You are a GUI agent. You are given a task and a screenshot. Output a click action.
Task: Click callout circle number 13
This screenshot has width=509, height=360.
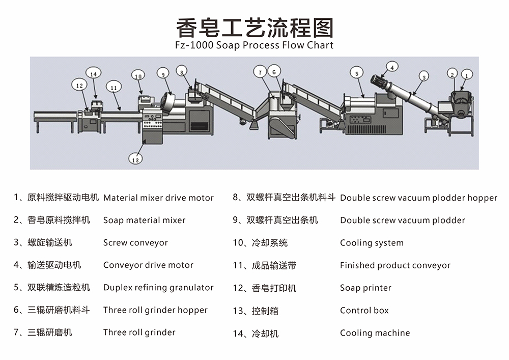tap(135, 159)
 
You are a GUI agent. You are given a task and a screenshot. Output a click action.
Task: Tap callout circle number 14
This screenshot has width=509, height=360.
tap(93, 74)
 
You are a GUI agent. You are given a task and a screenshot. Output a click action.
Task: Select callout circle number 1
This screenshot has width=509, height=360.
tap(468, 75)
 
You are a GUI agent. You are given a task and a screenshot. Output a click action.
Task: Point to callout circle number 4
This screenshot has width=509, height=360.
tap(392, 66)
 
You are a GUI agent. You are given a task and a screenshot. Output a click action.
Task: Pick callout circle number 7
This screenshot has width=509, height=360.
tap(260, 73)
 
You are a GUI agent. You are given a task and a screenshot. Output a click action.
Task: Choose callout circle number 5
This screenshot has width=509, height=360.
tap(357, 73)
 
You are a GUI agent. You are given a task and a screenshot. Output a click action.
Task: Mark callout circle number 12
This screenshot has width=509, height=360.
tap(79, 86)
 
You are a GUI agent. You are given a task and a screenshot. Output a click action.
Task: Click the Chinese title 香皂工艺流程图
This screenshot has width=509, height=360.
tap(254, 27)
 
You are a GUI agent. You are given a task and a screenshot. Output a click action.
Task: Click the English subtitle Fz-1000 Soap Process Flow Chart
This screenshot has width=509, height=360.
tap(254, 45)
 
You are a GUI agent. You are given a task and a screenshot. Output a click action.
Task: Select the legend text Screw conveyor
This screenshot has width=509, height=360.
tap(135, 243)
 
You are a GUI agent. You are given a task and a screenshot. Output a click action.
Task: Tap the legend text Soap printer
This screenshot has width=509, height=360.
tap(365, 288)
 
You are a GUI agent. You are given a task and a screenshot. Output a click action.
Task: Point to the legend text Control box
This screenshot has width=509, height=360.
tap(364, 310)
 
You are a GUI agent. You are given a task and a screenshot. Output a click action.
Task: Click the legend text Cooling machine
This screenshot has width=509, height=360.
tap(375, 333)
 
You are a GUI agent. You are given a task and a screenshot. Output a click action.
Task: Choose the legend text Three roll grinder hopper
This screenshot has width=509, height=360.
tap(155, 310)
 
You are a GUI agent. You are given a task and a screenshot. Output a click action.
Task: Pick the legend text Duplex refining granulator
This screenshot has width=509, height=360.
tap(158, 288)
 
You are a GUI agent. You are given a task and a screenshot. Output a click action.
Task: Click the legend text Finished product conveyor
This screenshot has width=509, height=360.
tap(395, 265)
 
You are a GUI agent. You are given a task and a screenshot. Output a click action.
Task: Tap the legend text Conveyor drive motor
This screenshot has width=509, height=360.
tap(148, 265)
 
